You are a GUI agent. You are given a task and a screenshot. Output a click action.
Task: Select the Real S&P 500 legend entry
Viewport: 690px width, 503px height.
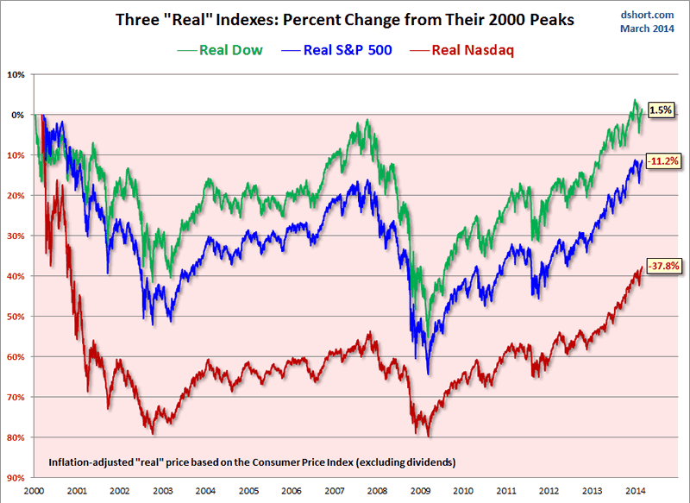337,49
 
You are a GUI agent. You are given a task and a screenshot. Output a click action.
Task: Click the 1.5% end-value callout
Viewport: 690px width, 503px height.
660,110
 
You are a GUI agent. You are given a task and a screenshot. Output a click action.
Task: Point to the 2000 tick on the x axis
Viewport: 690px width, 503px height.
34,489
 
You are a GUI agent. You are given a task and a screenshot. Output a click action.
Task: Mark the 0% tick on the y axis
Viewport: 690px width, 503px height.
17,115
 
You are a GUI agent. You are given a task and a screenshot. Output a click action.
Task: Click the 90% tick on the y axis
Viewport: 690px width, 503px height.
16,477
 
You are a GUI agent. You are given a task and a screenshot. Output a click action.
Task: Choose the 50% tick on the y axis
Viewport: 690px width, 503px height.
16,316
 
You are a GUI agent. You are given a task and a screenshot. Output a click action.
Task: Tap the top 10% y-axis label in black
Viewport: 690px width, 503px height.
16,74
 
